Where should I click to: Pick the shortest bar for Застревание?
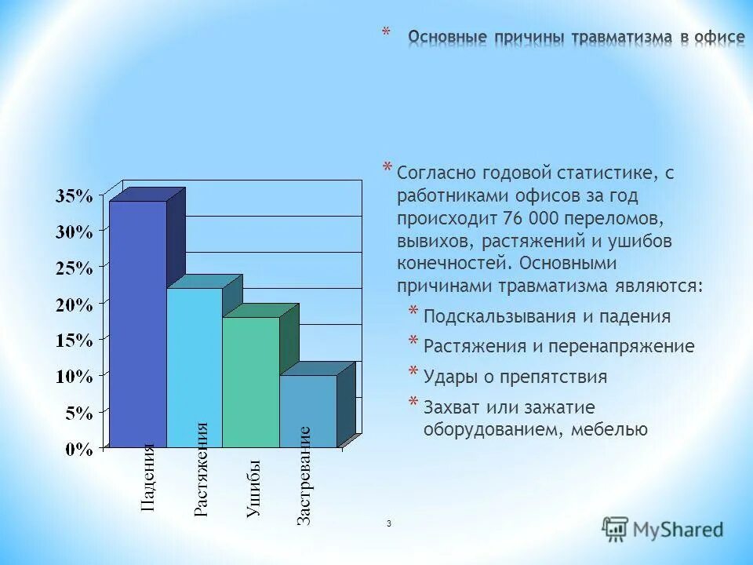point(308,411)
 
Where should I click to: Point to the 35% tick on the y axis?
point(74,196)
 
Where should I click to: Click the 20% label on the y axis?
point(74,304)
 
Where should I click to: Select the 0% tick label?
point(78,449)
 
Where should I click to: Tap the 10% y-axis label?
point(74,377)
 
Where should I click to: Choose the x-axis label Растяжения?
point(201,469)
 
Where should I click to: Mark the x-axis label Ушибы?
point(253,490)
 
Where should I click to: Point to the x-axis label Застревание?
point(305,476)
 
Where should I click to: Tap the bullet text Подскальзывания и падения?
point(547,316)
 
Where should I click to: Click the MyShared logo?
point(663,529)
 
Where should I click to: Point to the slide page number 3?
point(388,523)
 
